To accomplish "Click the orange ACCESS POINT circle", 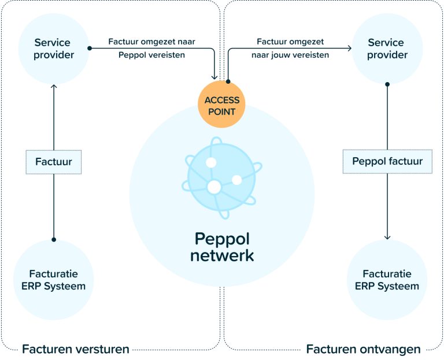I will point(221,105).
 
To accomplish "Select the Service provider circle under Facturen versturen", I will point(54,49).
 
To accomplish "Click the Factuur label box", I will point(54,162).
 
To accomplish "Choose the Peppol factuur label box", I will point(387,162).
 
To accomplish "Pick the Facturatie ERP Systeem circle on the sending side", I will point(54,280).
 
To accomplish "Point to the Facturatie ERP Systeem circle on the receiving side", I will point(387,280).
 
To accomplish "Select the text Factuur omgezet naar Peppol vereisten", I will point(151,49).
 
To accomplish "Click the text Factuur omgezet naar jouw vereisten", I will point(290,49).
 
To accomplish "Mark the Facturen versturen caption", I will point(75,348).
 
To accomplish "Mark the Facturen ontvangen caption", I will point(363,348).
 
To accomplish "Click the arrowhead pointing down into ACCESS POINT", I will point(216,77).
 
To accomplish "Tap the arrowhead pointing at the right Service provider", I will point(349,49).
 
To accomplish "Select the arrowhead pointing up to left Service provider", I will point(54,86).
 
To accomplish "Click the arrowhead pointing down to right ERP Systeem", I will point(387,236).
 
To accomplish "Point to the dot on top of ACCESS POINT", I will point(228,81).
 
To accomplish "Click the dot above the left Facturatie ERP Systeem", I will point(54,239).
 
